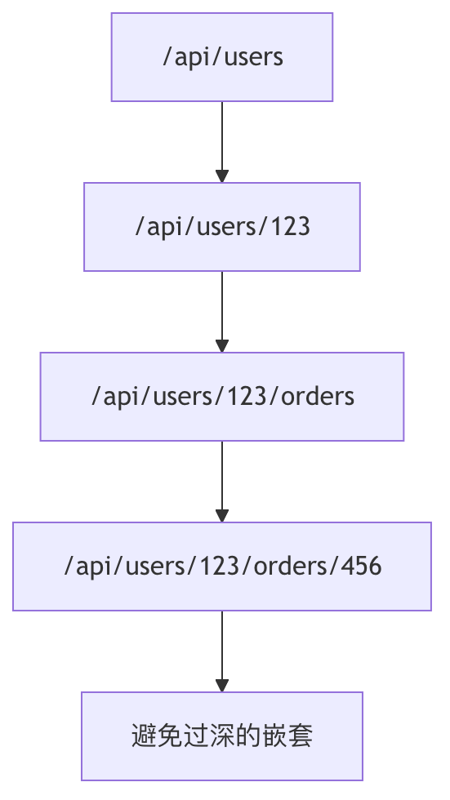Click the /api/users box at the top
coord(222,57)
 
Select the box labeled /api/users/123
coord(222,227)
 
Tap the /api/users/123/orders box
coord(222,397)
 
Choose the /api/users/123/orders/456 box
coord(222,567)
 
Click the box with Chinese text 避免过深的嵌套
coord(222,736)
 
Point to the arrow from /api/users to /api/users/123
coord(222,142)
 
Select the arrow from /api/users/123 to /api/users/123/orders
coord(222,312)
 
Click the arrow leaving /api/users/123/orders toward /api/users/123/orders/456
coord(222,482)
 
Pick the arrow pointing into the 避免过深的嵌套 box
coord(222,651)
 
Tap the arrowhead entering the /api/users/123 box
coord(222,176)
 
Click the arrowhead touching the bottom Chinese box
coord(222,685)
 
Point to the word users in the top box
coord(253,57)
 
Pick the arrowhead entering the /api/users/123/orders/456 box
coord(222,515)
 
